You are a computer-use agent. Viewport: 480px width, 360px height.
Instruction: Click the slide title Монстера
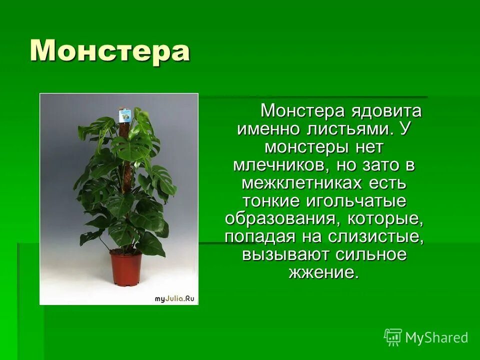click(109, 50)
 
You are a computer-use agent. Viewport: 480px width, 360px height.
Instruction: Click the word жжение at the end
click(323, 272)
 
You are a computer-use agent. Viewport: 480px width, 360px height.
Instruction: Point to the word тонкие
click(272, 201)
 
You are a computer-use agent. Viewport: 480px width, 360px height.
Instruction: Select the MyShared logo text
click(436, 337)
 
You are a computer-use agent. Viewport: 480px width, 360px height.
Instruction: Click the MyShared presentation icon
click(393, 337)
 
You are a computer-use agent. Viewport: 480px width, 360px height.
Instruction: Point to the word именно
click(266, 129)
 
